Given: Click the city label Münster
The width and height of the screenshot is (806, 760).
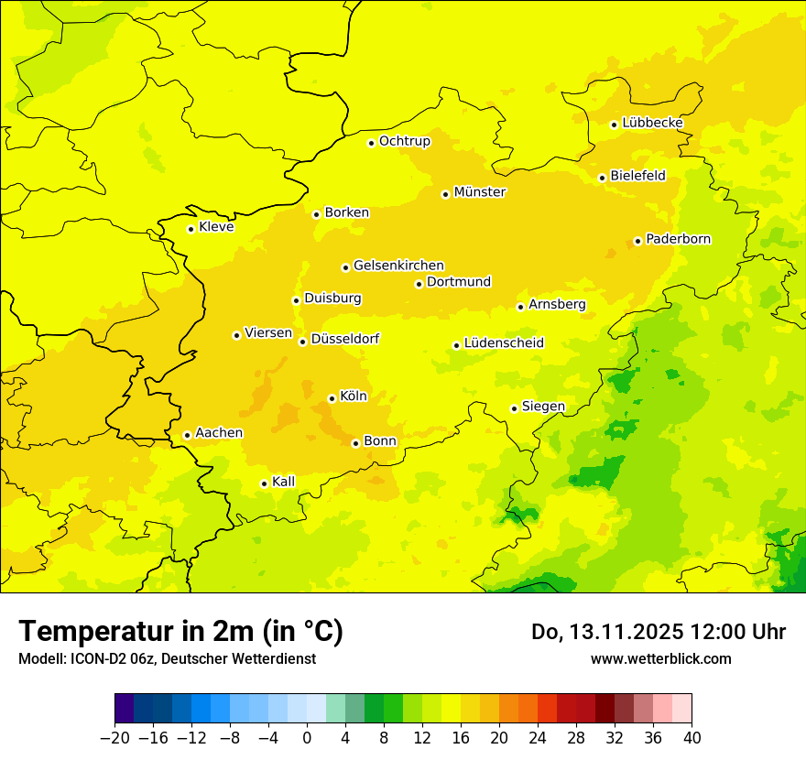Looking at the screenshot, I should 480,192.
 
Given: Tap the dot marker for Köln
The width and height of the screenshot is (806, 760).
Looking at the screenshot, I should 332,398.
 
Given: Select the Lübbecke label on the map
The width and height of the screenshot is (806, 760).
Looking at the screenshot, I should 652,123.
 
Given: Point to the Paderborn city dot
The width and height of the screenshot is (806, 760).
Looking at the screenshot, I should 637,241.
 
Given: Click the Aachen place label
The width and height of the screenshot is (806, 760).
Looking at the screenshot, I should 219,433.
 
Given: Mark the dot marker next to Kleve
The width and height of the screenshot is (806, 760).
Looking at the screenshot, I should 191,229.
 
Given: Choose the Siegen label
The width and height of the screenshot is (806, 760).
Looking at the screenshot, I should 543,407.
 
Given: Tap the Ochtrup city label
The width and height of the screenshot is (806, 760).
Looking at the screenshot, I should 404,141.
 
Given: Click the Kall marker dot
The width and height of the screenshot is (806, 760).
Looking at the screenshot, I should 264,483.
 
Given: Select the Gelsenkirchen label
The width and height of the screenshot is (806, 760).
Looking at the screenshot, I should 398,266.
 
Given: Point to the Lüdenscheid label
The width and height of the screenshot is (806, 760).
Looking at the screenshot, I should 504,343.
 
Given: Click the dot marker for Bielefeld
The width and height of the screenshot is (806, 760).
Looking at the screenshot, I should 602,178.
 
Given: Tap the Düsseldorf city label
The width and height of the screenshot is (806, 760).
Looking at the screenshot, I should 345,339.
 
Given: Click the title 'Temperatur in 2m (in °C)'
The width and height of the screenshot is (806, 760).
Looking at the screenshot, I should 180,631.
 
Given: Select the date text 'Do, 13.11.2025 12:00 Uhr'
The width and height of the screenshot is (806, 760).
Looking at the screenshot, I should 658,632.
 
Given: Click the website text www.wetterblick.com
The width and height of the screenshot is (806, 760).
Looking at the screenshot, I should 660,658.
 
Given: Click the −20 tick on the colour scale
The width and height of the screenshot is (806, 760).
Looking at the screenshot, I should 114,738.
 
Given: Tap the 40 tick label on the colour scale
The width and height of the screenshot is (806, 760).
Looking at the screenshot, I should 692,738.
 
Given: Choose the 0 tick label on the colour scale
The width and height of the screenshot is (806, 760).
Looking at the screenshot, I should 307,738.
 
